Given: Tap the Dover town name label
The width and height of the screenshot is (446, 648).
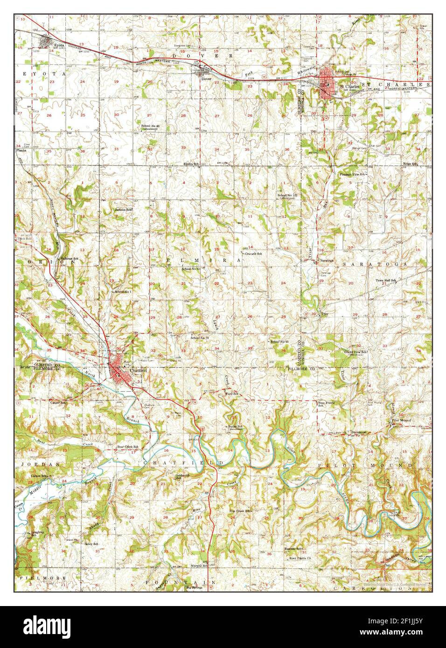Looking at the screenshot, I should [x=206, y=79].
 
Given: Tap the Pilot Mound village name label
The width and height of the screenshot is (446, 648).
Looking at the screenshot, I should [x=401, y=421].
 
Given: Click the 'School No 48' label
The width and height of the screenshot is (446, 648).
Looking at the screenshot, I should [x=151, y=126].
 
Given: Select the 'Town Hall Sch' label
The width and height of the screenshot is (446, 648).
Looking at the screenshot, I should [x=386, y=281].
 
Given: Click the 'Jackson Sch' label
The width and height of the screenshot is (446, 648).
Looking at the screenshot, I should [x=124, y=210].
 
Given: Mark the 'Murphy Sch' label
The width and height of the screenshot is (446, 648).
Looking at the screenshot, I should [x=199, y=565].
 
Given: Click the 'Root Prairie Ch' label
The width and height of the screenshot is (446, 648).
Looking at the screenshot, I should [x=300, y=558].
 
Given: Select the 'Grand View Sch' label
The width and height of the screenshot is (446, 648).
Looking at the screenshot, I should [x=355, y=352].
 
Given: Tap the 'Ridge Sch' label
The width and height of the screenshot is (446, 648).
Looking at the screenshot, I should [x=410, y=164].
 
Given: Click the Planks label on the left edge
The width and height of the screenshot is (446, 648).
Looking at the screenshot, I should [x=21, y=151].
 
